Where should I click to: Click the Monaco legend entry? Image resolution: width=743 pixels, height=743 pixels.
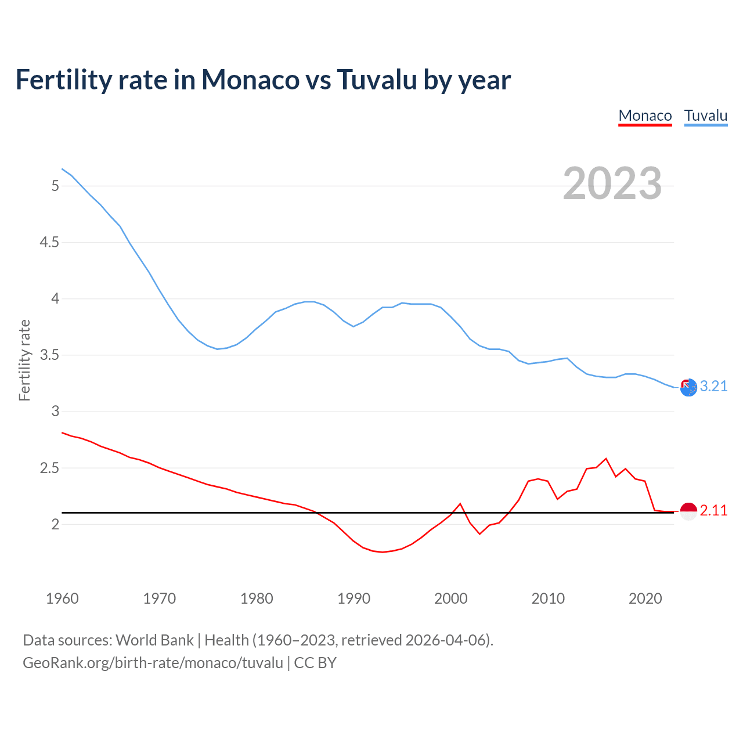645,116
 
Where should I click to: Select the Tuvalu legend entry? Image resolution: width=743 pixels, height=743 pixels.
705,116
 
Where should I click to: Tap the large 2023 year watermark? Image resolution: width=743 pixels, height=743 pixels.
612,183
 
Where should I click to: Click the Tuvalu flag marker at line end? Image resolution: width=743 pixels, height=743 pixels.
688,387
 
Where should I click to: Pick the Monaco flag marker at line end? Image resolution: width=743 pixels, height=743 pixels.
688,511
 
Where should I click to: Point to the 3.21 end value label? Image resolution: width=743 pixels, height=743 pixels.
713,387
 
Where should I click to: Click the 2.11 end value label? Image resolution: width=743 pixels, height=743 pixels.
713,511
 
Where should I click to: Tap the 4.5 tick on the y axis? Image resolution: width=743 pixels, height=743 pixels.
49,243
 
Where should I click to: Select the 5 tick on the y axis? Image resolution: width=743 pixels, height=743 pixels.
55,186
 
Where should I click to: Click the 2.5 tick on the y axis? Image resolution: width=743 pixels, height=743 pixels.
49,468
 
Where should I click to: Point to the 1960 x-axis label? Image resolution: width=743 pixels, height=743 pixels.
62,598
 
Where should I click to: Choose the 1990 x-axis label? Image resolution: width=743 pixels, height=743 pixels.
354,598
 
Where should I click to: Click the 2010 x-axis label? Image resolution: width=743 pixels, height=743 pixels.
548,598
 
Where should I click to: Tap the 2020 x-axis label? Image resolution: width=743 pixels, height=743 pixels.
645,598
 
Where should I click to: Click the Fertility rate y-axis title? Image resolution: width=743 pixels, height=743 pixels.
24,360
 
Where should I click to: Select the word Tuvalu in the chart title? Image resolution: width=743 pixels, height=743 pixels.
377,80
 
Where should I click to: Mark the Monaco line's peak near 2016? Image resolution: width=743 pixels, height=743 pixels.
606,459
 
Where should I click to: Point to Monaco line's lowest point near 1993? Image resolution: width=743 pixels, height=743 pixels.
382,552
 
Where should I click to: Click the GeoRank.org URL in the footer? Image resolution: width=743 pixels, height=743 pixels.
153,663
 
